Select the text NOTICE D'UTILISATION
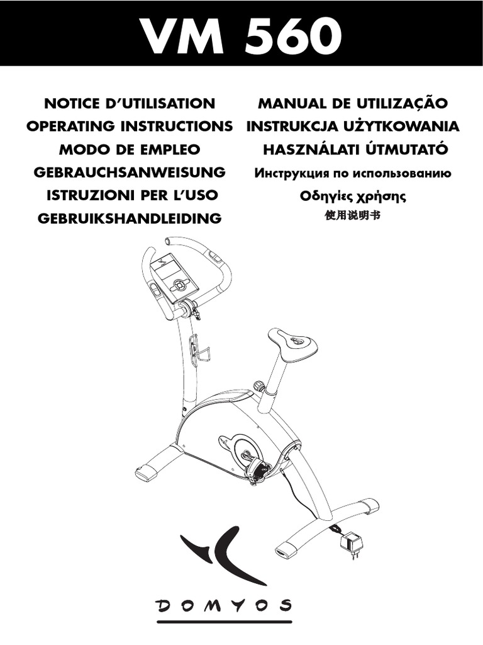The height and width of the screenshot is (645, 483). pyautogui.click(x=130, y=103)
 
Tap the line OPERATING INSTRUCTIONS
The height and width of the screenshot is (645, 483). pyautogui.click(x=130, y=126)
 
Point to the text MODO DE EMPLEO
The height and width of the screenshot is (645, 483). pyautogui.click(x=130, y=149)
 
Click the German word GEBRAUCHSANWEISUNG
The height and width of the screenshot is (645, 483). pyautogui.click(x=130, y=172)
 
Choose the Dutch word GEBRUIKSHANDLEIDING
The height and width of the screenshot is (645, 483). pyautogui.click(x=130, y=219)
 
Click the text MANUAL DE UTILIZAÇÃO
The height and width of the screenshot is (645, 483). pyautogui.click(x=353, y=103)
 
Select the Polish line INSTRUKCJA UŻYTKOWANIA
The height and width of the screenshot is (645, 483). pyautogui.click(x=353, y=126)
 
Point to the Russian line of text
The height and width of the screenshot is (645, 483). pyautogui.click(x=353, y=173)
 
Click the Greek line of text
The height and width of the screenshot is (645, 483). pyautogui.click(x=353, y=196)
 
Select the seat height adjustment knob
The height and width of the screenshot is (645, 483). pyautogui.click(x=257, y=386)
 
